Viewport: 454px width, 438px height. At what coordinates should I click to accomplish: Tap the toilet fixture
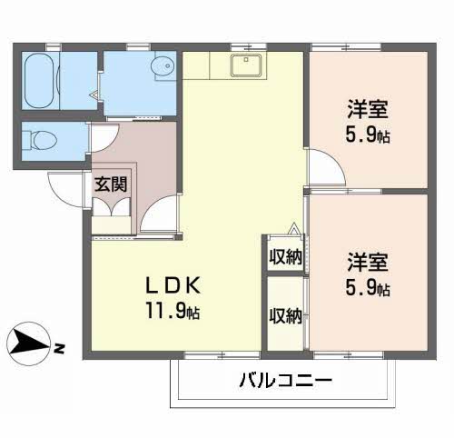click(x=42, y=141)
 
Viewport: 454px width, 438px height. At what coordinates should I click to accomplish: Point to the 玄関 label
click(x=111, y=183)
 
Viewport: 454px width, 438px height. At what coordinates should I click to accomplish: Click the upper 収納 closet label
click(x=285, y=257)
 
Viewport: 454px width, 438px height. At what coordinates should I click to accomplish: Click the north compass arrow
click(x=29, y=343)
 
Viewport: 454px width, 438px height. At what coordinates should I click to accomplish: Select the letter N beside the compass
click(x=57, y=348)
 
